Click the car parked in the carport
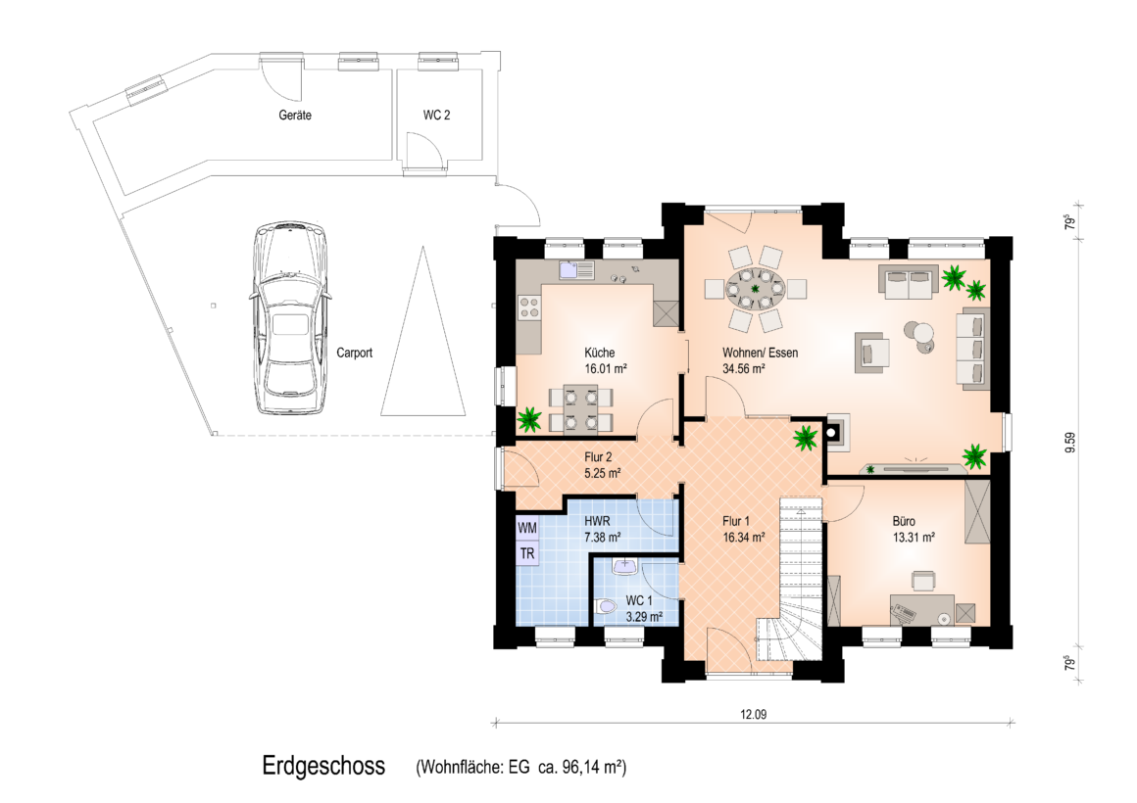(288, 318)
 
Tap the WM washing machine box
(527, 529)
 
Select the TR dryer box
(527, 553)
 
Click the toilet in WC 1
(604, 606)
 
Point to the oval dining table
(756, 289)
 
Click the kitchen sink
(576, 271)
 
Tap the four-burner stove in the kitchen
(528, 307)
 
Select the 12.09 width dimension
(754, 715)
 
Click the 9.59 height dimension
(1070, 442)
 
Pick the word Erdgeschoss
(323, 766)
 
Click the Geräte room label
(295, 116)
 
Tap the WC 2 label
(436, 116)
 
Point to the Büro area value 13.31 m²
(914, 537)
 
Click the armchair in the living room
(871, 353)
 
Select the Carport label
(355, 353)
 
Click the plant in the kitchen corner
(529, 419)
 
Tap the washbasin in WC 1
(624, 566)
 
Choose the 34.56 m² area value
(744, 369)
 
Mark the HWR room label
(597, 521)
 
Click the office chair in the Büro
(923, 580)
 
